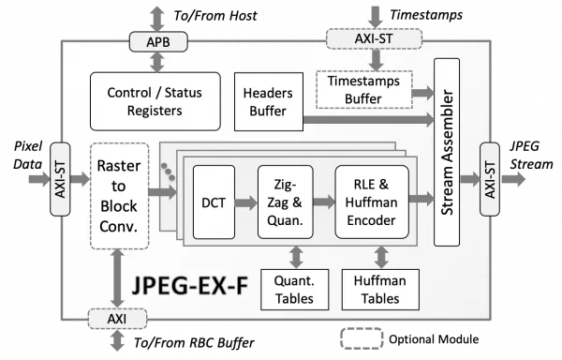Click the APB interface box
[x=158, y=41]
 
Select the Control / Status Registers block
[x=155, y=101]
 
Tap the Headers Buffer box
[x=269, y=101]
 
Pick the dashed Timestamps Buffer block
[x=364, y=90]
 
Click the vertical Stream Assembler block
[x=447, y=152]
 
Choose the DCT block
[x=214, y=202]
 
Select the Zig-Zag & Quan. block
[x=286, y=202]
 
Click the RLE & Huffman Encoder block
[x=372, y=202]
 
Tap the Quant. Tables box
[x=295, y=290]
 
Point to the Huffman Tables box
[x=380, y=290]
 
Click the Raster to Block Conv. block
[x=119, y=196]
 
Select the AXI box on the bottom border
[x=118, y=319]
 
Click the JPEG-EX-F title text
[x=190, y=286]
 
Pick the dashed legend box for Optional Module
[x=362, y=338]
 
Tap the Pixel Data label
[x=27, y=155]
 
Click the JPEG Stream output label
[x=531, y=155]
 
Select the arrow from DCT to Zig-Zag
[x=245, y=202]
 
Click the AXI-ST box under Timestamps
[x=374, y=38]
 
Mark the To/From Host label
[x=215, y=16]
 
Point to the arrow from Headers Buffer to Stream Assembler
[x=368, y=119]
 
